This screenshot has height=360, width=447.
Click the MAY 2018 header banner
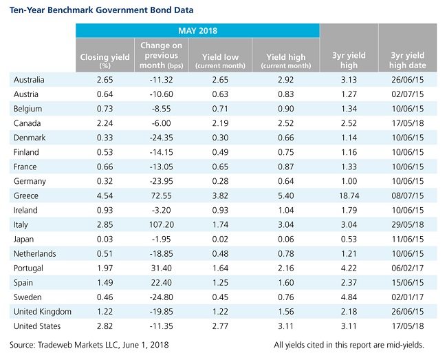click(x=197, y=30)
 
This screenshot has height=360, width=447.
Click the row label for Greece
click(x=26, y=195)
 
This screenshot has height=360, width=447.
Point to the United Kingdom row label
click(x=43, y=312)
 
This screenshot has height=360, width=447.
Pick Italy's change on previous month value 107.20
click(x=162, y=224)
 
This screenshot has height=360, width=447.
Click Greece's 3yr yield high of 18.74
click(x=349, y=195)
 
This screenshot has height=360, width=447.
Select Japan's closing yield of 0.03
click(x=105, y=239)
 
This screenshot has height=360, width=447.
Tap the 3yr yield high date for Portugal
click(x=408, y=268)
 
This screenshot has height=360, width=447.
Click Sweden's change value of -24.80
click(x=162, y=297)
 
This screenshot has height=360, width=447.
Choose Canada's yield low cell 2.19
click(x=220, y=123)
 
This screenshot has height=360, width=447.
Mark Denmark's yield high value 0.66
click(x=286, y=138)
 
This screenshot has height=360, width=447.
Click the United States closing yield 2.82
click(x=105, y=326)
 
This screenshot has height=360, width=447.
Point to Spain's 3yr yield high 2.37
click(x=349, y=283)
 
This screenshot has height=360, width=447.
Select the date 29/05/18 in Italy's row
click(x=408, y=224)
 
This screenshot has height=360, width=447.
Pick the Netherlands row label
click(x=35, y=253)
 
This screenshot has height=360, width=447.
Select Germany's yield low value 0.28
click(x=220, y=181)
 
